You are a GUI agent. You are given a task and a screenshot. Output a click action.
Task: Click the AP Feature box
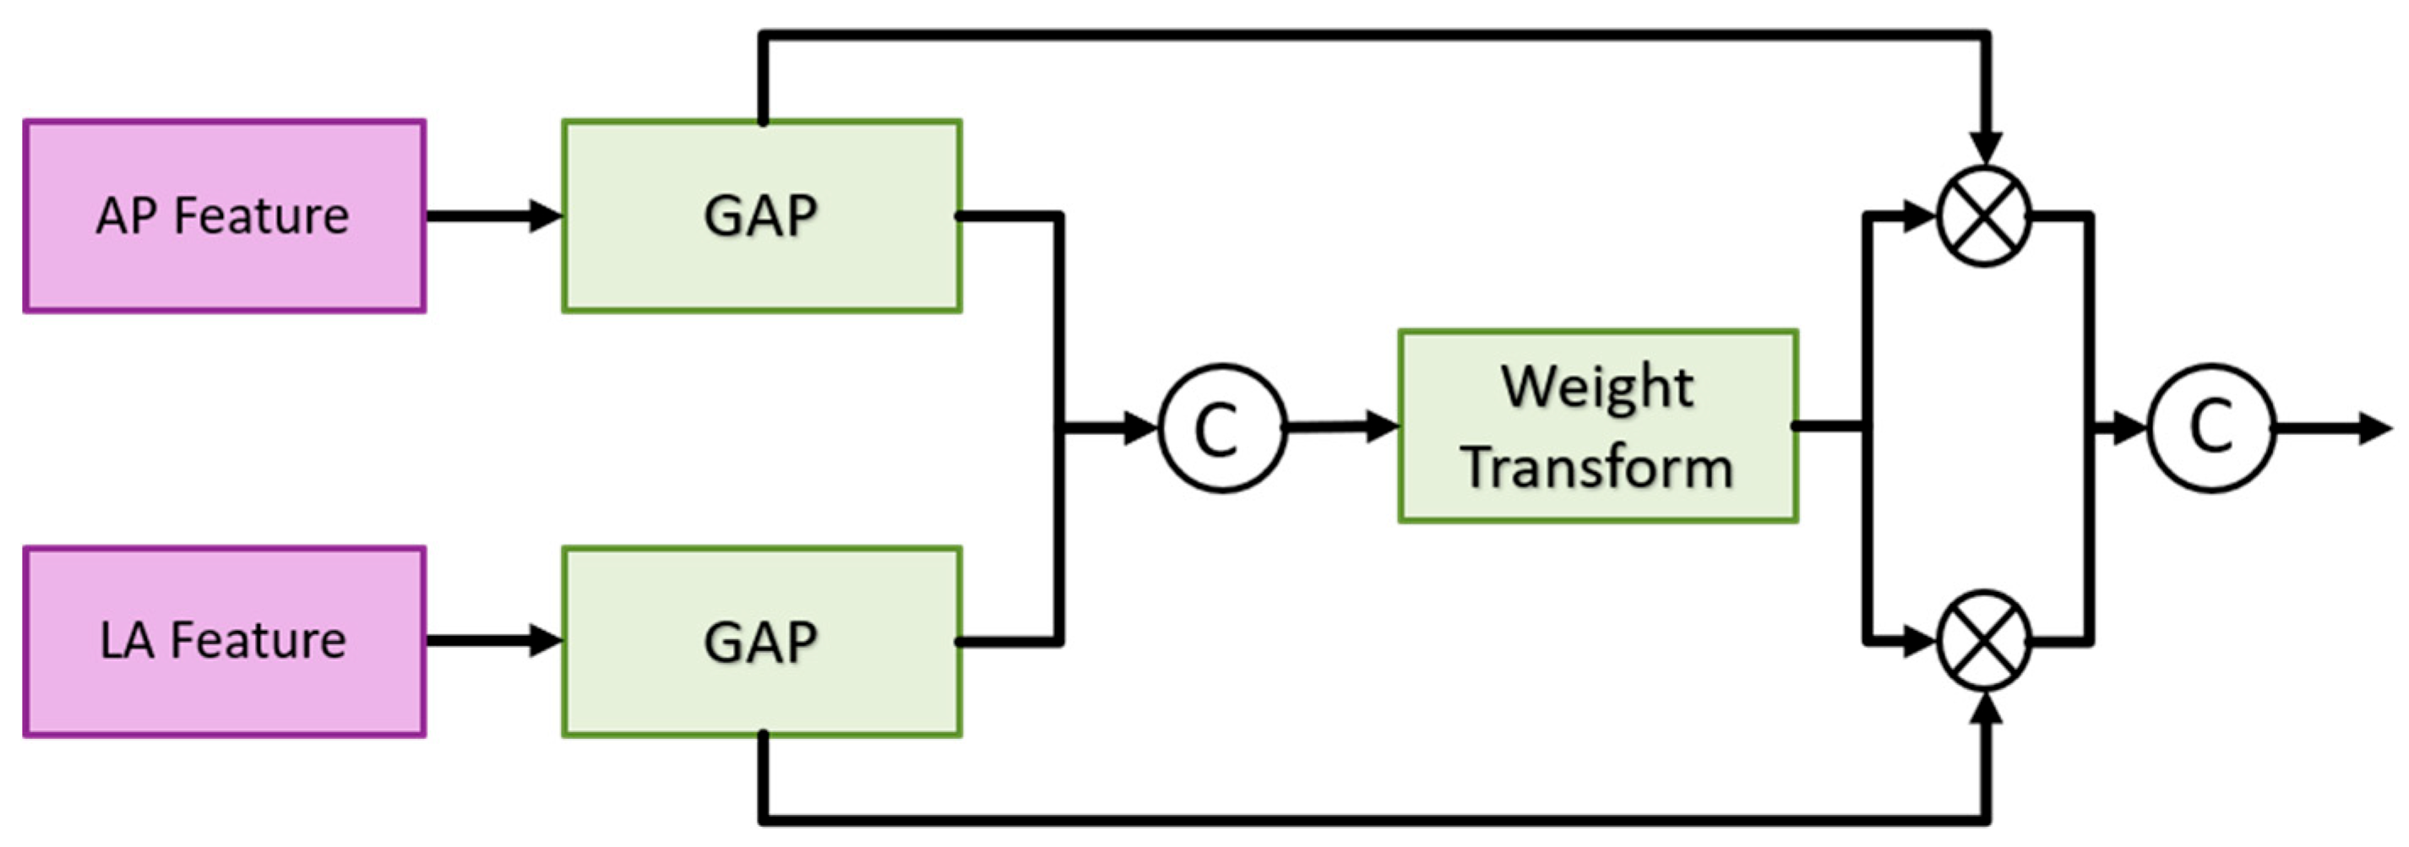tap(225, 216)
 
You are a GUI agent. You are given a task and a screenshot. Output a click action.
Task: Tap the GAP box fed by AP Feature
tap(761, 216)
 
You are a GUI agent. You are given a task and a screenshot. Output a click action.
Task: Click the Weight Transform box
tap(1597, 426)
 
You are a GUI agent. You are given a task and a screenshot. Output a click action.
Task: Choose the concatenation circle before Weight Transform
tap(1222, 428)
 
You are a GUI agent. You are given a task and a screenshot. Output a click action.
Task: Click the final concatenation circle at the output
tap(2211, 428)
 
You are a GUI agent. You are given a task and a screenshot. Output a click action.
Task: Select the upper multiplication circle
tap(1984, 216)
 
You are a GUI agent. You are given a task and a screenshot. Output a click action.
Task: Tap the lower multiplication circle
tap(1984, 641)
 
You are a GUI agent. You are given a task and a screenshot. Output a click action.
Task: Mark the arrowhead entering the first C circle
tap(1141, 428)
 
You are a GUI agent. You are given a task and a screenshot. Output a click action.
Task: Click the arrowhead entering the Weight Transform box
tap(1382, 426)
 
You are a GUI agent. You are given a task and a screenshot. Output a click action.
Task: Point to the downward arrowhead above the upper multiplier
tap(1984, 148)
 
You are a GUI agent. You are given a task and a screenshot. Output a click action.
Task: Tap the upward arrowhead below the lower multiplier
tap(1984, 709)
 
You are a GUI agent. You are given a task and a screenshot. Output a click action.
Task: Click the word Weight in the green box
tap(1597, 387)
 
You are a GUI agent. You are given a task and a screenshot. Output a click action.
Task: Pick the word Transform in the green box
tap(1597, 468)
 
